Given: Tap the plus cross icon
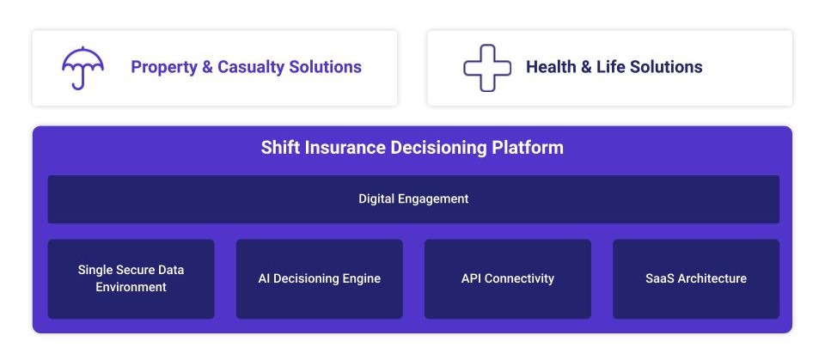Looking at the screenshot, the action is coord(487,68).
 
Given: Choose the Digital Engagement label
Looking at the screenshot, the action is coord(413,199).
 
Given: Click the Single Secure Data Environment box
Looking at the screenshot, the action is coord(131,279).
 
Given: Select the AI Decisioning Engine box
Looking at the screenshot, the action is coord(320,279).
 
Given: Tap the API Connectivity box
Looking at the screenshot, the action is coord(508,279).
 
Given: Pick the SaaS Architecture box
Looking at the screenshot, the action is coord(696,279).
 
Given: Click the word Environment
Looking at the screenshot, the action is coord(131,287).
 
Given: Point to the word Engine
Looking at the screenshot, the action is coord(362,279).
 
